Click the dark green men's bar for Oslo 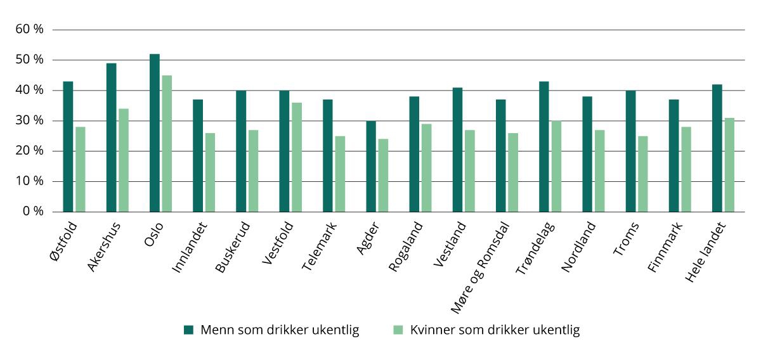(154, 132)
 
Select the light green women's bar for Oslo (167, 143)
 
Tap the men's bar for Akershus (111, 137)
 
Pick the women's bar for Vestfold (296, 157)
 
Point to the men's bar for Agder (371, 166)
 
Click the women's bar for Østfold (81, 169)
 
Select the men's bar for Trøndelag (543, 146)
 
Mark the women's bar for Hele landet (729, 164)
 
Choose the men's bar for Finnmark (673, 155)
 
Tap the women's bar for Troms (643, 173)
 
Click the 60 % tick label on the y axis (30, 29)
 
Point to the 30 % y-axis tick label (30, 120)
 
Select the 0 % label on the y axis (33, 211)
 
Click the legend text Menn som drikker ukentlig (280, 330)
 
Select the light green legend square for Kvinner (398, 330)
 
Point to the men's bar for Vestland (457, 150)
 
